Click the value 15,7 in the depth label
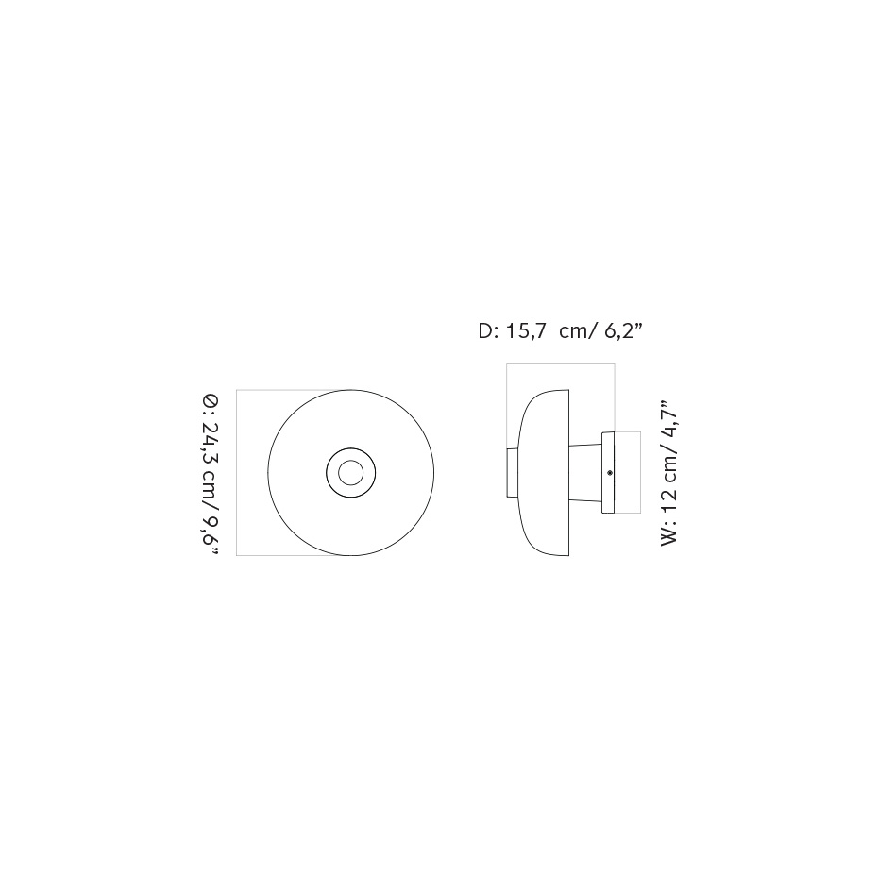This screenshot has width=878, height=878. click(x=526, y=331)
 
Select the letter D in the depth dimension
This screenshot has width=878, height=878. click(x=486, y=331)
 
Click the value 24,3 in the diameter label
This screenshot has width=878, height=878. click(x=211, y=443)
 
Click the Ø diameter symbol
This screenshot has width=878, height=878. click(x=211, y=404)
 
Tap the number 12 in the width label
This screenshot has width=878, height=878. click(x=669, y=492)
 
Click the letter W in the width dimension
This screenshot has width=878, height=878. click(x=669, y=534)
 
